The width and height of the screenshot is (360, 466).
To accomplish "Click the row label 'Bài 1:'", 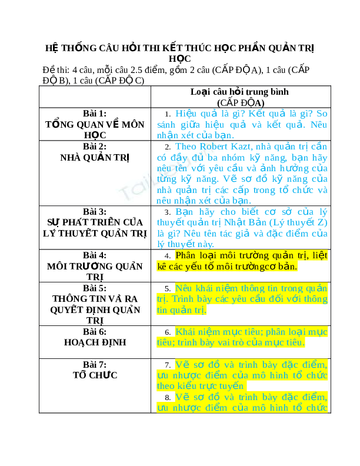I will [x=95, y=113].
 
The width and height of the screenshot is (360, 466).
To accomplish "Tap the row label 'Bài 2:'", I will [x=95, y=147].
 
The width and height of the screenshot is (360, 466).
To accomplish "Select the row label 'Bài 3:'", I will [x=95, y=211].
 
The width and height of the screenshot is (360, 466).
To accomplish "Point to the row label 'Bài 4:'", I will [x=95, y=255].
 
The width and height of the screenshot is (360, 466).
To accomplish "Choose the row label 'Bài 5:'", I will [x=95, y=288].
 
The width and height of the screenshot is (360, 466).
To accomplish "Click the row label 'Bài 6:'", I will [x=95, y=331].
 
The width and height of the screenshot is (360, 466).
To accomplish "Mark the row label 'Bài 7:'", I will [x=95, y=364].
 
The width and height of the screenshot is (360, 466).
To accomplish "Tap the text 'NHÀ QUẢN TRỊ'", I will [x=95, y=157].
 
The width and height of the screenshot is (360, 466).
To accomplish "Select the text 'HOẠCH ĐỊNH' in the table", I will [x=95, y=342].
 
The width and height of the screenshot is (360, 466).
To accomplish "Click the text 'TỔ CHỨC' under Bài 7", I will [x=95, y=375].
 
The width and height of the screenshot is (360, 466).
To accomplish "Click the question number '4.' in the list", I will [x=168, y=256].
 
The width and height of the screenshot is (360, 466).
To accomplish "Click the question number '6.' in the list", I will [x=168, y=332].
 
